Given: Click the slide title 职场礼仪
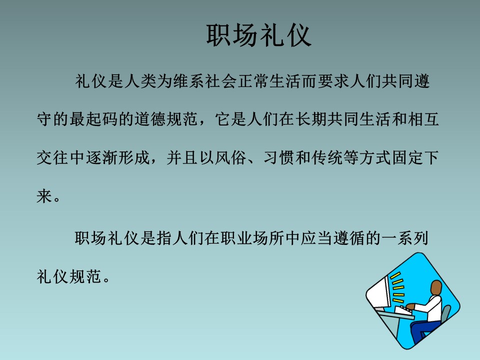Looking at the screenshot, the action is tap(259, 35).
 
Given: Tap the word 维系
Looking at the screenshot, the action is tap(188, 81).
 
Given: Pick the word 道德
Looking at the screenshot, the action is tap(150, 119).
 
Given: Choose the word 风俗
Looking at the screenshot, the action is tap(230, 157).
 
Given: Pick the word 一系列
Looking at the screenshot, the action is tap(404, 238).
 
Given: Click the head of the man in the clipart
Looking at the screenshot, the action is tap(436, 288).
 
